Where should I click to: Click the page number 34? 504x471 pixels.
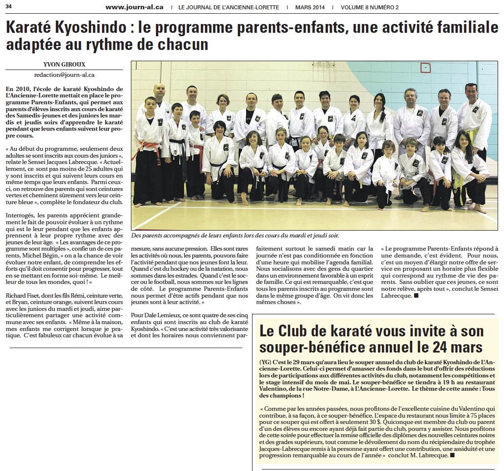point(9,6)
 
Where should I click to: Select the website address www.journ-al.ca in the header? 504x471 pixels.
point(134,7)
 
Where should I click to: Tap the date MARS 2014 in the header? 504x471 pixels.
point(310,7)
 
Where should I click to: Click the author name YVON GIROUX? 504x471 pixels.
point(64,65)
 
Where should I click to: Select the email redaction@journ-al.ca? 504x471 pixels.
point(64,75)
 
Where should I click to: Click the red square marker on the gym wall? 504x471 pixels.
point(426,68)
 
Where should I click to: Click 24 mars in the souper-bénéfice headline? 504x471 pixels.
point(458,347)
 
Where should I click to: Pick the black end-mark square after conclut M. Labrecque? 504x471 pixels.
point(452,455)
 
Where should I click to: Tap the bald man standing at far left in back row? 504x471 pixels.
point(159,100)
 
